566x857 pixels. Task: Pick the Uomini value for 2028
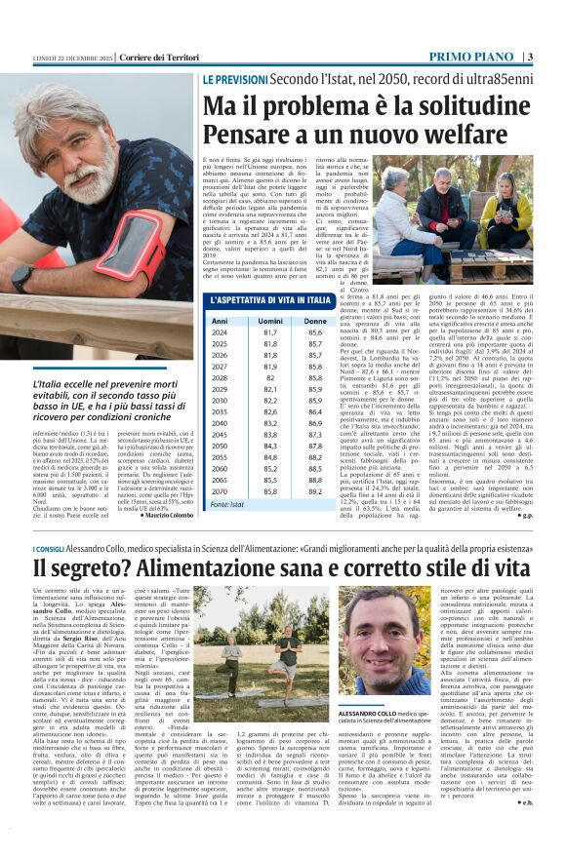point(257,376)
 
